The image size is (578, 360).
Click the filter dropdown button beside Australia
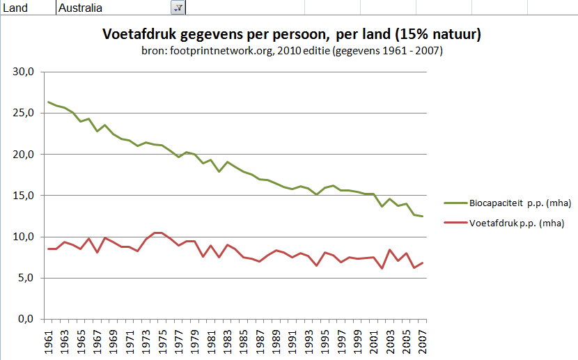point(178,8)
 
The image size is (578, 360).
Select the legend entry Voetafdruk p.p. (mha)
point(510,223)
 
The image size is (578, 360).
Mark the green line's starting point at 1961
point(48,102)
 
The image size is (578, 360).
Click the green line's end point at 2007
point(422,217)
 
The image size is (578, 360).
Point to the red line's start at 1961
point(48,249)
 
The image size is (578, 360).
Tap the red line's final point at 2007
point(422,263)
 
